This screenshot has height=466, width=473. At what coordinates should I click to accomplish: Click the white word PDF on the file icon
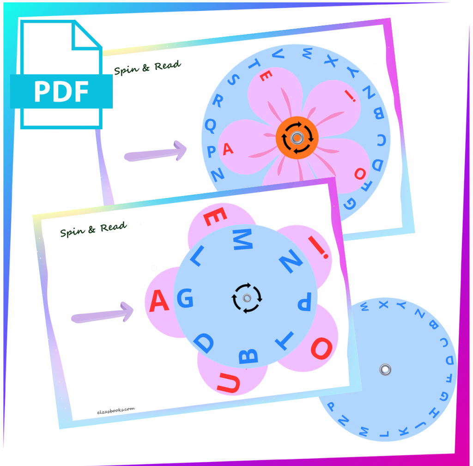point(61,91)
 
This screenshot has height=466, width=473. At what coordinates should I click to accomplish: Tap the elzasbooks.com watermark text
point(116,411)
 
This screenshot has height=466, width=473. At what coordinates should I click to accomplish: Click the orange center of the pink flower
point(297,138)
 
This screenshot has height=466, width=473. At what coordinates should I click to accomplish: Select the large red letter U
point(229,383)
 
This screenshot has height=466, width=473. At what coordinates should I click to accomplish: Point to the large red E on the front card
point(215,216)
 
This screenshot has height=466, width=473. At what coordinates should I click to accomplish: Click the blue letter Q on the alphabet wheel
point(210,125)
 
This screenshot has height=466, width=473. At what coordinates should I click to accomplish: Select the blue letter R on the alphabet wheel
point(218,100)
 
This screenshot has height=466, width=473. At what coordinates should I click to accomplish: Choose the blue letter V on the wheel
point(278,54)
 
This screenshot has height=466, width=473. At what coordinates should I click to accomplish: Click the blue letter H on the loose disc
point(434,412)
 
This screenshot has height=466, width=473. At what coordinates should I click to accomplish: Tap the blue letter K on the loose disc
point(404,431)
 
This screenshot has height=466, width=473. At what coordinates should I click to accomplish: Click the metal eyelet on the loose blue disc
point(385,369)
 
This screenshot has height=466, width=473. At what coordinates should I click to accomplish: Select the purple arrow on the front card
point(102,313)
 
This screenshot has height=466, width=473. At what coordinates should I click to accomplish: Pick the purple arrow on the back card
point(155,151)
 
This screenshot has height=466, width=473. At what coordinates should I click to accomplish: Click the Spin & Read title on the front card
point(93,230)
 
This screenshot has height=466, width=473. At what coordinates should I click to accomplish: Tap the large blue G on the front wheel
point(185,298)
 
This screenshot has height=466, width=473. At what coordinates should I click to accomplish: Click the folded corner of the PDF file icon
point(86,36)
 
